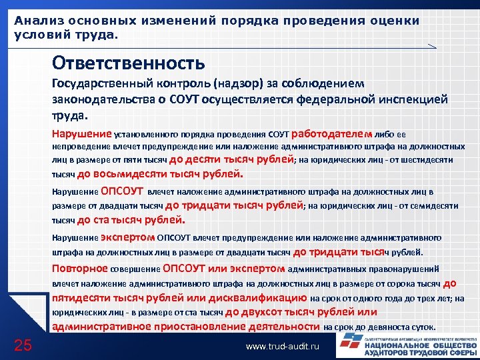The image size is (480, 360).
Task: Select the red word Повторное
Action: coord(80,268)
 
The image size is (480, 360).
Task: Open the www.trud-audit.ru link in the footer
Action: coord(283,347)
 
